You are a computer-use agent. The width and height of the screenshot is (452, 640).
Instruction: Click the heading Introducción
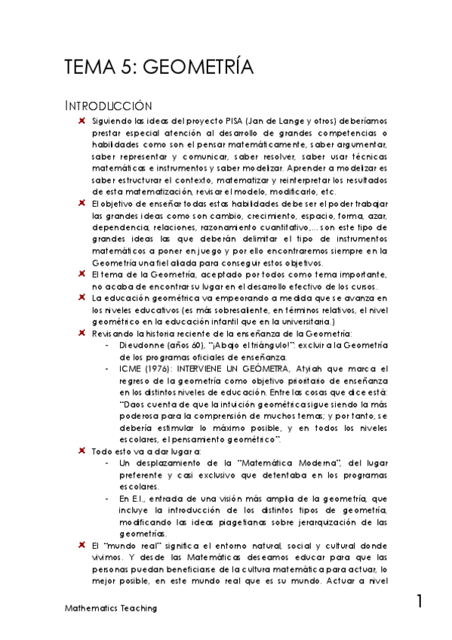tap(109, 106)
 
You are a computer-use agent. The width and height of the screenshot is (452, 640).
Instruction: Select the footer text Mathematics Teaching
tap(110, 608)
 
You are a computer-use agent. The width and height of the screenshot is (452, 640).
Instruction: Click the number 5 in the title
tap(125, 68)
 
